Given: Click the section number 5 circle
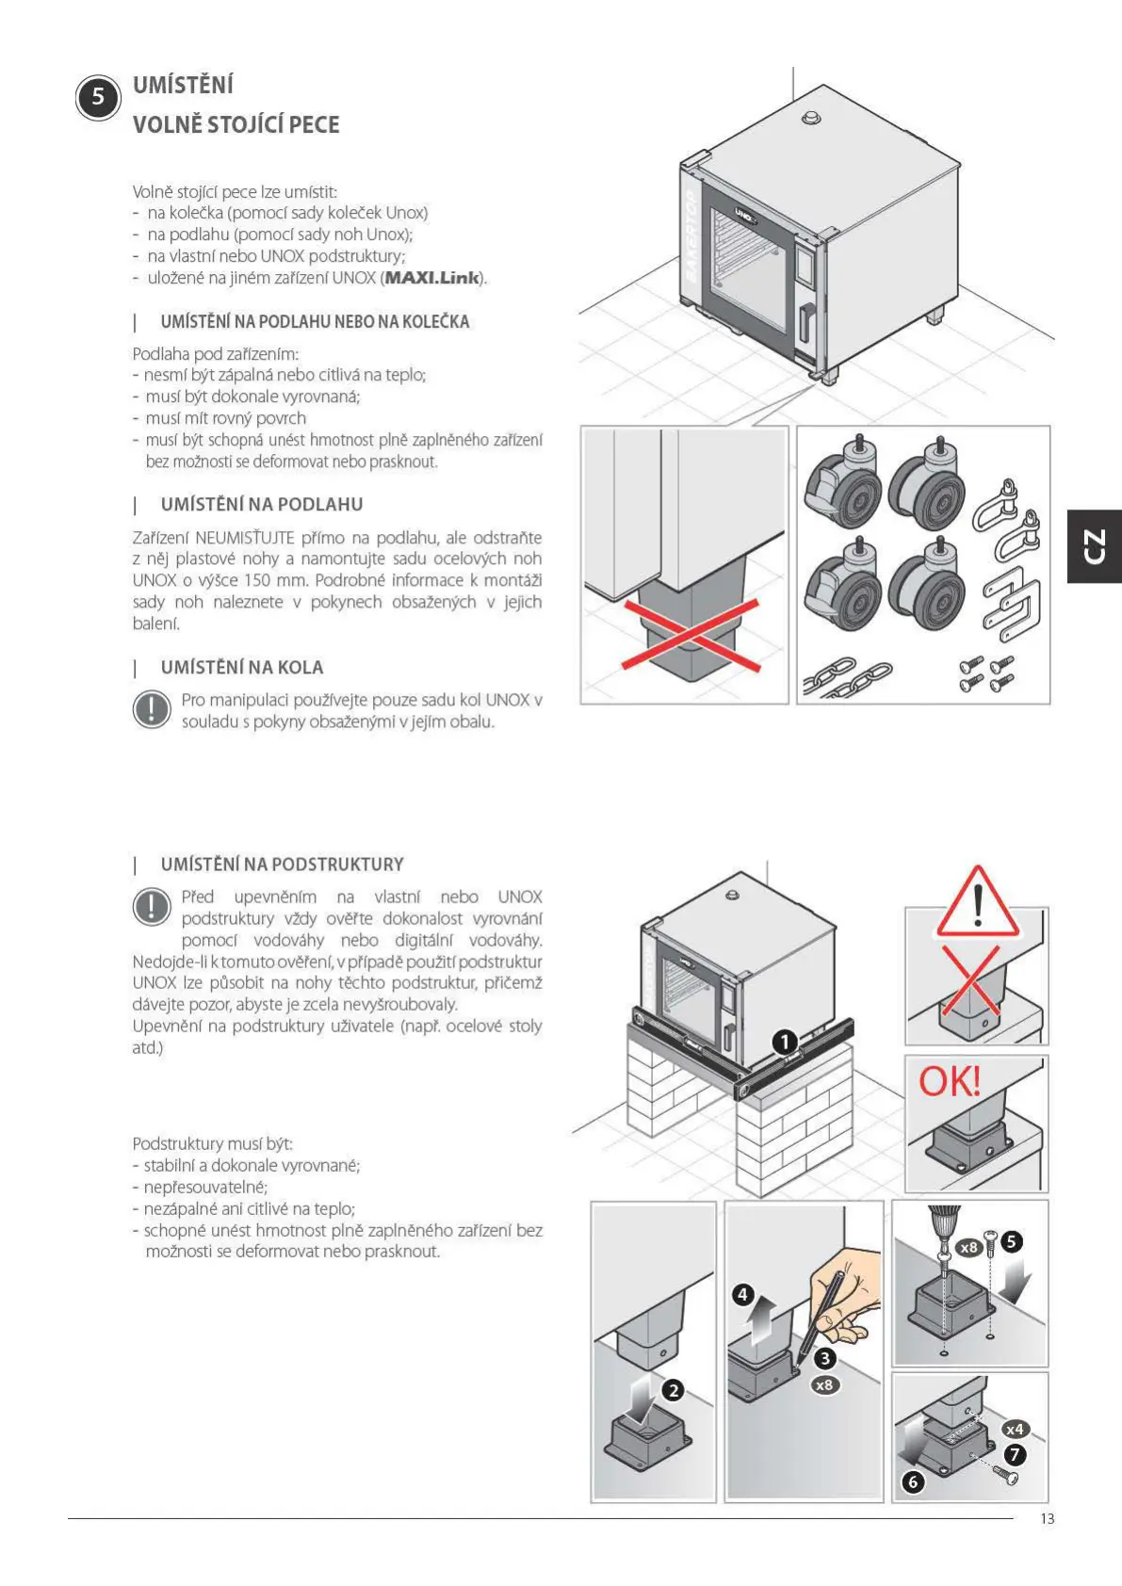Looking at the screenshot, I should click(98, 97).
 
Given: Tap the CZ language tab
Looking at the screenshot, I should click(1094, 546).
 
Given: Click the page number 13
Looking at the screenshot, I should click(1047, 1518).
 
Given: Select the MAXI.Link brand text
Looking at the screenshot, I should click(432, 278).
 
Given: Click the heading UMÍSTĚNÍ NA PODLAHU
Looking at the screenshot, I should click(261, 505).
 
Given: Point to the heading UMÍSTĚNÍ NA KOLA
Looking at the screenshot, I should click(241, 668).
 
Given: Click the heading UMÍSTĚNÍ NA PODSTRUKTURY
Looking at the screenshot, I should click(282, 865).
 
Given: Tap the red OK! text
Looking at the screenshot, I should click(950, 1081).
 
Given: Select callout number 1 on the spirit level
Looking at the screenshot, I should click(785, 1042).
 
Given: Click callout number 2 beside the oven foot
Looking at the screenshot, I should click(673, 1390).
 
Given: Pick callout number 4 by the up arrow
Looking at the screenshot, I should click(742, 1294).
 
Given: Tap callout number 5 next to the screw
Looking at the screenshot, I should click(1011, 1241).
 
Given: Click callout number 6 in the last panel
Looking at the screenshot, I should click(912, 1481).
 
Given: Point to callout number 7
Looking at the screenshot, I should click(1015, 1454).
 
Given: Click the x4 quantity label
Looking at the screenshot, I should click(1014, 1429).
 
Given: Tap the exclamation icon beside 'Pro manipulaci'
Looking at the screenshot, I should click(151, 709).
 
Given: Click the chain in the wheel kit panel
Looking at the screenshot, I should click(847, 676).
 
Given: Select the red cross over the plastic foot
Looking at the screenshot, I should click(690, 637).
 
